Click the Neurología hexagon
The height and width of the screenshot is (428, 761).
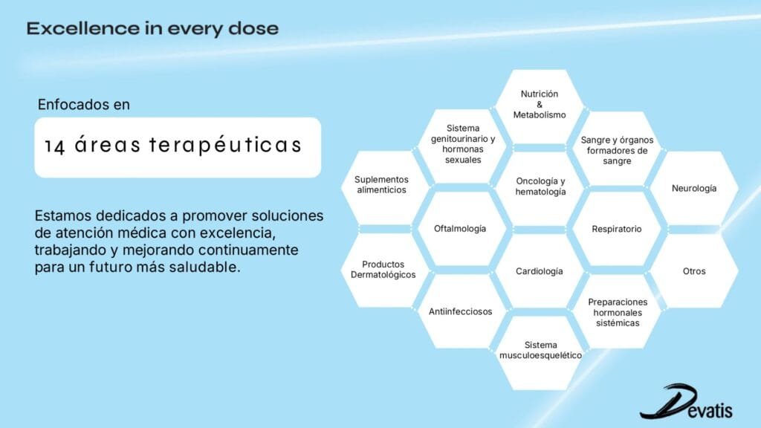click(694, 188)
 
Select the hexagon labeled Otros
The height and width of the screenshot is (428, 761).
click(694, 270)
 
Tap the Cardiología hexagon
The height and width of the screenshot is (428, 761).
click(540, 270)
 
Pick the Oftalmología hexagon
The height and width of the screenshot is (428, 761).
click(460, 229)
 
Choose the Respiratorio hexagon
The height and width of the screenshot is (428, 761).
click(616, 229)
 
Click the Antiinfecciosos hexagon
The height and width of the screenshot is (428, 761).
click(460, 311)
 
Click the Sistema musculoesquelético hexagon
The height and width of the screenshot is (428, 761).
click(540, 353)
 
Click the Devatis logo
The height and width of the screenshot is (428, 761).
click(686, 402)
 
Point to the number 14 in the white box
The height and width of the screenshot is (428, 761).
click(54, 146)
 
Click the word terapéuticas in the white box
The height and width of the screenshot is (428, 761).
click(225, 146)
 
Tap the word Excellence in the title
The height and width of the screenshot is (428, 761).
click(82, 28)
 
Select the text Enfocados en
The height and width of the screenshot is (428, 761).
click(83, 104)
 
